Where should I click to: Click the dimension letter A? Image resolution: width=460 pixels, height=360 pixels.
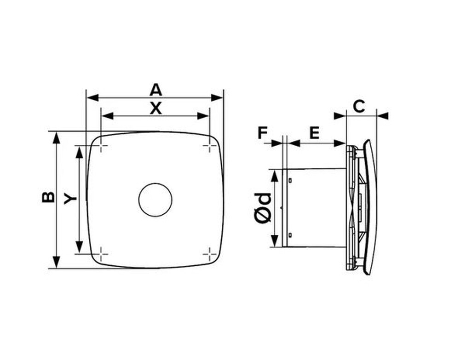click(x=155, y=90)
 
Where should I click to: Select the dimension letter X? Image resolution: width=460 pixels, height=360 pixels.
click(x=155, y=109)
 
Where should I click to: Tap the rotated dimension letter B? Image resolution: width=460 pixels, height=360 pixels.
click(x=48, y=197)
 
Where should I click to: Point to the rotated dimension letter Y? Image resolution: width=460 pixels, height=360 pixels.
click(x=70, y=199)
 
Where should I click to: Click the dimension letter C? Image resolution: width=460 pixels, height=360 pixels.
click(x=359, y=106)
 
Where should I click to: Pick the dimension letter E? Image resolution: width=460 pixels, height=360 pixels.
click(x=314, y=133)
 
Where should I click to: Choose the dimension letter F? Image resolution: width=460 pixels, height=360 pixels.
click(x=263, y=133)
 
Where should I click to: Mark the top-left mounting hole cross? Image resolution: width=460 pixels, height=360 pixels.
click(x=101, y=145)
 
